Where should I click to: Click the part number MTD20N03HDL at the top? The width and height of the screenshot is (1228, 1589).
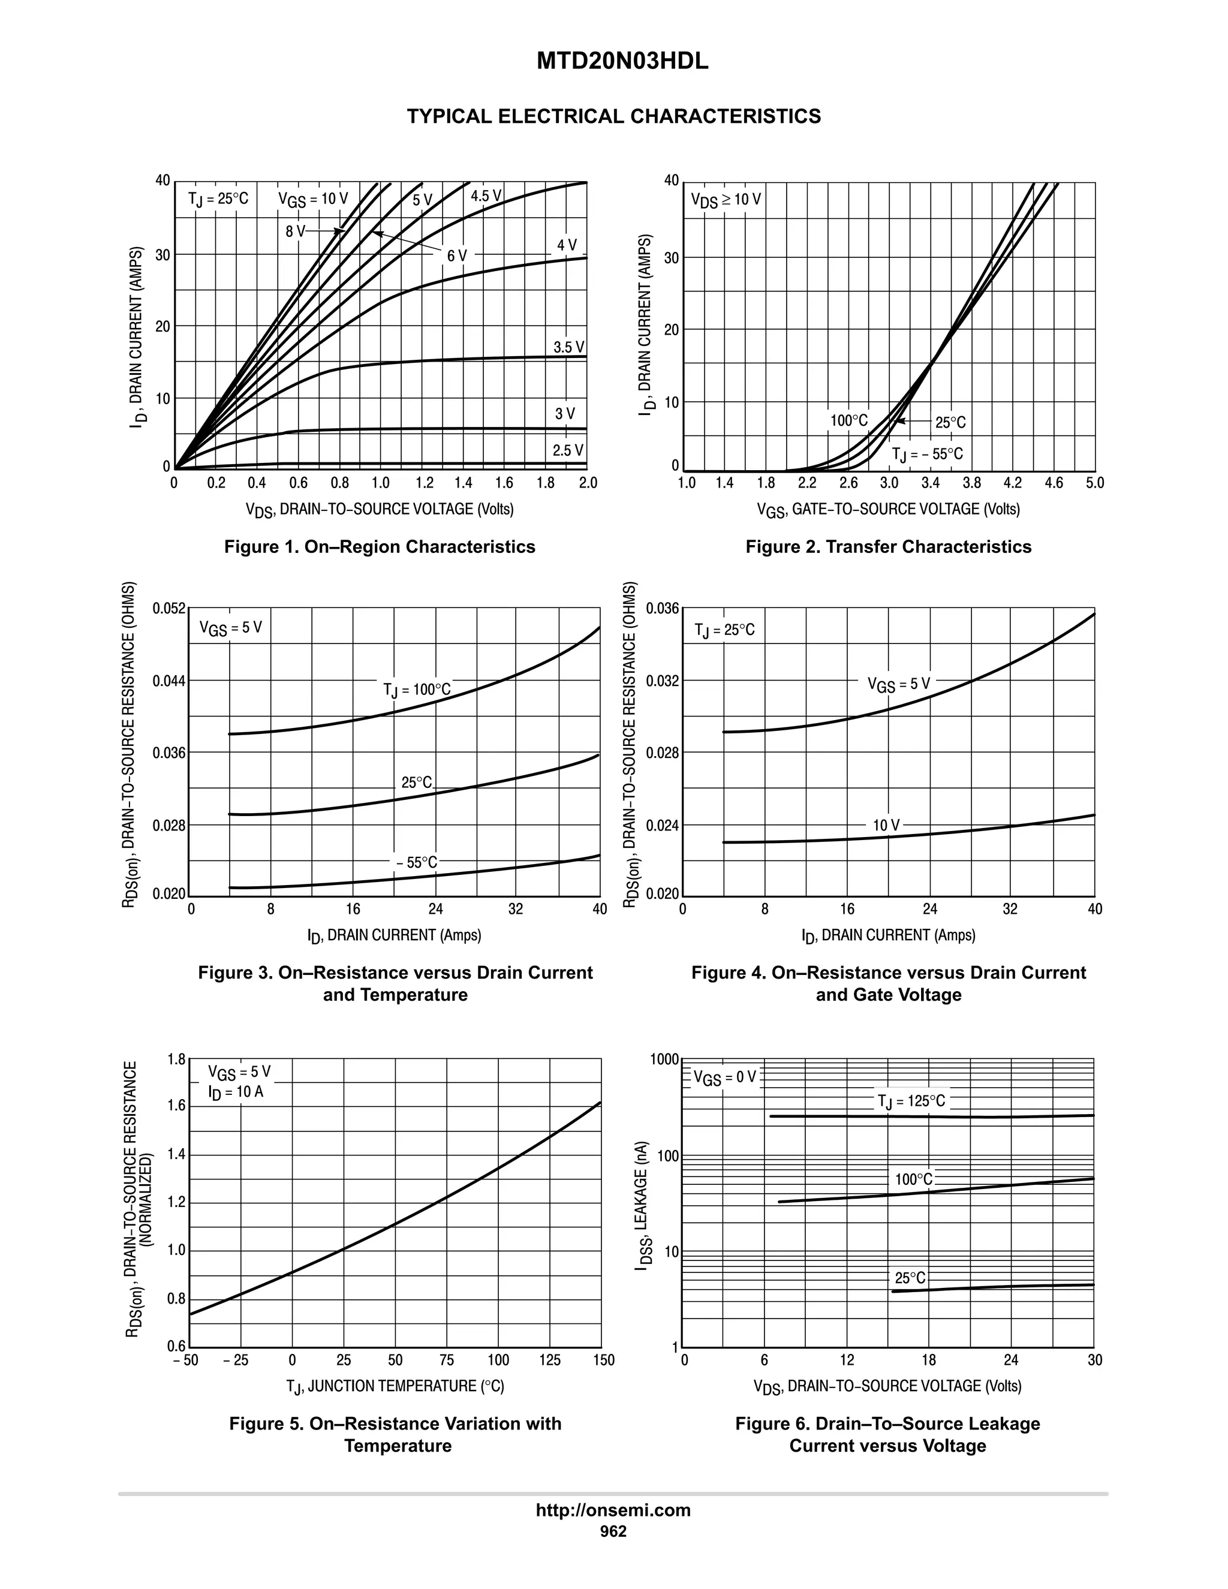(x=622, y=62)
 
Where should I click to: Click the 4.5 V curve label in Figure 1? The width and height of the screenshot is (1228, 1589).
(x=486, y=195)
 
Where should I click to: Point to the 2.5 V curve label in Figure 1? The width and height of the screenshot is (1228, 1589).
(x=567, y=450)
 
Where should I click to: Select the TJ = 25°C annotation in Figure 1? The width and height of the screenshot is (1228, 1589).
(x=218, y=198)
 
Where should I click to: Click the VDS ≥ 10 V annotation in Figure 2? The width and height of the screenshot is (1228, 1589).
(x=726, y=199)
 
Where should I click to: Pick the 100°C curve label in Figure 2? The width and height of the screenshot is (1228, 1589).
(x=849, y=420)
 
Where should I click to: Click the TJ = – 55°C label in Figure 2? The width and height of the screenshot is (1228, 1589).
(x=928, y=455)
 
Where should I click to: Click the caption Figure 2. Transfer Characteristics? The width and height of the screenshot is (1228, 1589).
(x=888, y=546)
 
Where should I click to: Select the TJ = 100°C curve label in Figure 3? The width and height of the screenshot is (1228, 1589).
(x=417, y=690)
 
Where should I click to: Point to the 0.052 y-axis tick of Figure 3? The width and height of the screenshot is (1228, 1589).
(x=168, y=608)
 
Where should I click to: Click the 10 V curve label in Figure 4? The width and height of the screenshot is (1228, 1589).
(x=886, y=825)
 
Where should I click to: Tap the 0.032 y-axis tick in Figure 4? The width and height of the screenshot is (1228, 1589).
(x=662, y=681)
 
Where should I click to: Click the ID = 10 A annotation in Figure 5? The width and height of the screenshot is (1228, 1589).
(x=236, y=1092)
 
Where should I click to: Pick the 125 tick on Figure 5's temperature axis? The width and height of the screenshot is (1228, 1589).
(x=550, y=1360)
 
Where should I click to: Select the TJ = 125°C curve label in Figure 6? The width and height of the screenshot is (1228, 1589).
(x=911, y=1102)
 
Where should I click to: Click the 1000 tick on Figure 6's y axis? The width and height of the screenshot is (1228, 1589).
(x=665, y=1060)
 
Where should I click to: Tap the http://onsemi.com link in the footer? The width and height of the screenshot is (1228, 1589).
(x=613, y=1510)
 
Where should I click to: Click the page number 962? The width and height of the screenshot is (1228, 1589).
(x=613, y=1531)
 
